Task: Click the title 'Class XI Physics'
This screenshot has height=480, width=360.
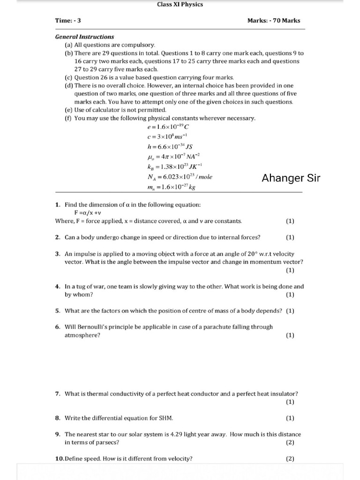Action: [x=180, y=5]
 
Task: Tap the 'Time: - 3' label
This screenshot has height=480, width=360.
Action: [x=68, y=21]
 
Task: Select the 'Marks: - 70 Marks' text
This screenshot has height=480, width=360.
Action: [x=274, y=21]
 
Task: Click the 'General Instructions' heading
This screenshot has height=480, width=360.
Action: [x=84, y=37]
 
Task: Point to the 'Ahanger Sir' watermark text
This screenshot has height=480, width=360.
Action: [x=291, y=178]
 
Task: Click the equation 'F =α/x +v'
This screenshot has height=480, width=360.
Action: [x=95, y=212]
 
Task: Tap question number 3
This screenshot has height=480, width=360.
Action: [x=57, y=254]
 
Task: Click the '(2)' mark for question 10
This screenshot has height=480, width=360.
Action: [x=290, y=459]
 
